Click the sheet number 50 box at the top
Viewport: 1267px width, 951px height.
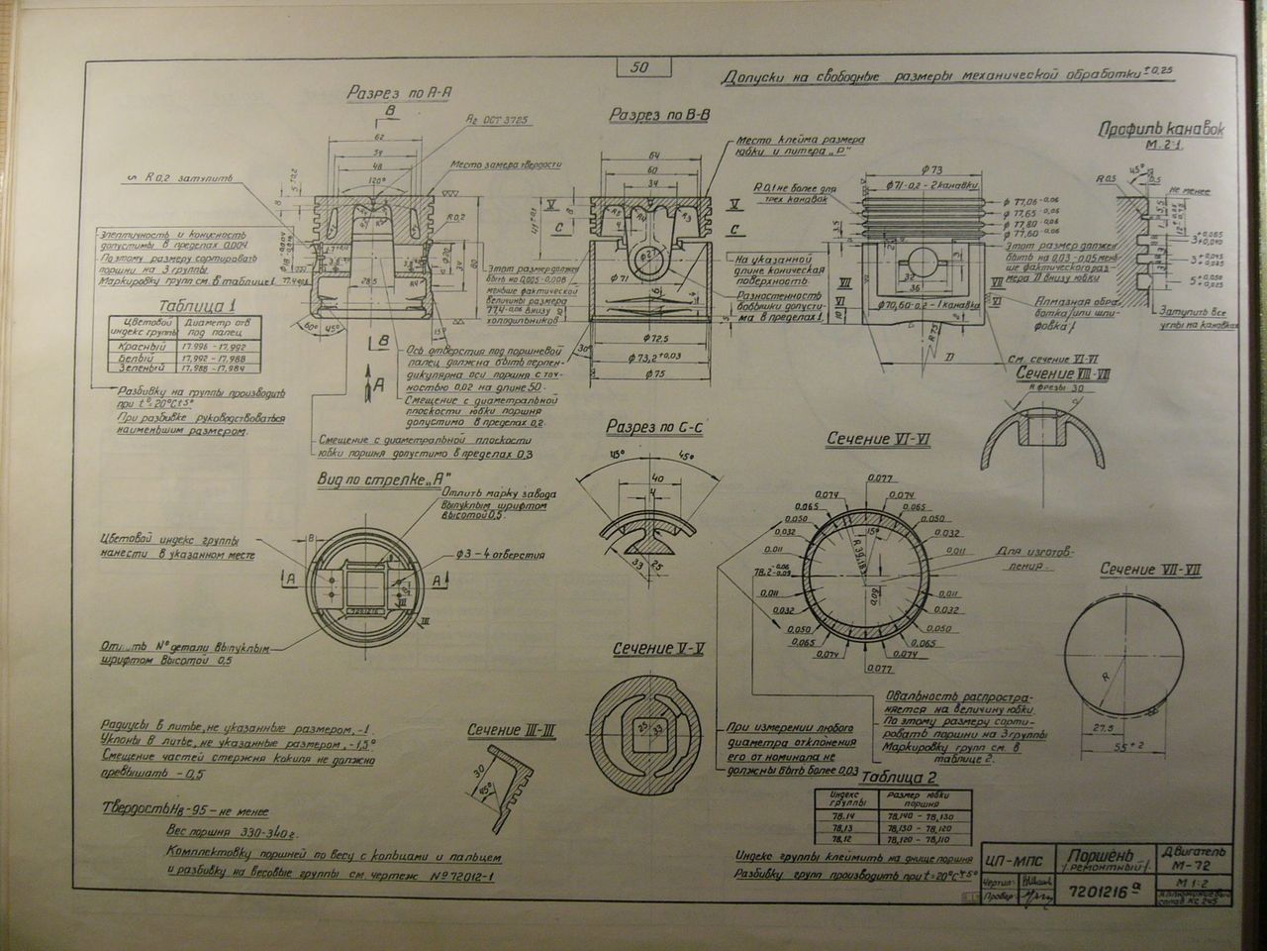tap(638, 67)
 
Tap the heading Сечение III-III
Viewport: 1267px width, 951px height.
tap(511, 731)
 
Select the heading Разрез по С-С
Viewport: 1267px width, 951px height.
tap(656, 427)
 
